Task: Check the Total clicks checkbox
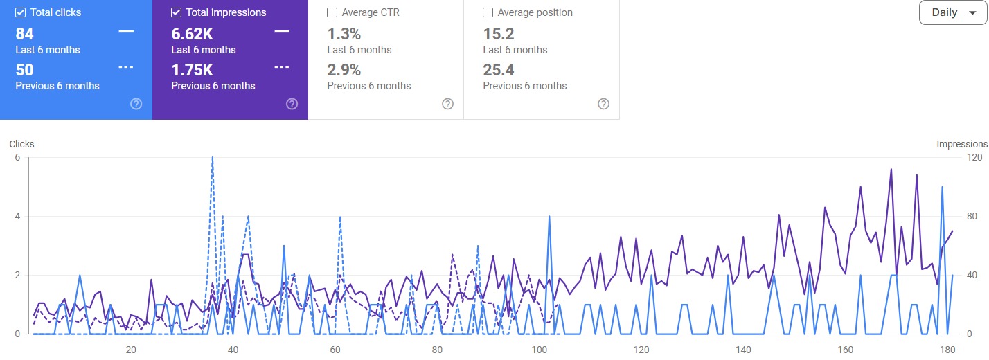pyautogui.click(x=21, y=12)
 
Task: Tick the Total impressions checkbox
pyautogui.click(x=177, y=12)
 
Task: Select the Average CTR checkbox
pyautogui.click(x=332, y=12)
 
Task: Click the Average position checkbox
pyautogui.click(x=488, y=12)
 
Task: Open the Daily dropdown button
pyautogui.click(x=952, y=12)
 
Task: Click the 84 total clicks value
pyautogui.click(x=24, y=34)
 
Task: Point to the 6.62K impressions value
pyautogui.click(x=191, y=34)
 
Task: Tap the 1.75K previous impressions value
pyautogui.click(x=191, y=70)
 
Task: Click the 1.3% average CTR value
pyautogui.click(x=344, y=34)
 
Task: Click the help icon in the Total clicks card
pyautogui.click(x=136, y=104)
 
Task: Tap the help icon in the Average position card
pyautogui.click(x=604, y=104)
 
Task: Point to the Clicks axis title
pyautogui.click(x=21, y=144)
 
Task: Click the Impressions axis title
pyautogui.click(x=962, y=144)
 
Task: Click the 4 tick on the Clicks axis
pyautogui.click(x=17, y=217)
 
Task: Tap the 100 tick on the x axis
pyautogui.click(x=539, y=350)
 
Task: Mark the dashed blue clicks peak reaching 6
pyautogui.click(x=212, y=159)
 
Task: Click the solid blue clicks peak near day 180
pyautogui.click(x=942, y=188)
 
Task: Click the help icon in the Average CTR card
pyautogui.click(x=448, y=104)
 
